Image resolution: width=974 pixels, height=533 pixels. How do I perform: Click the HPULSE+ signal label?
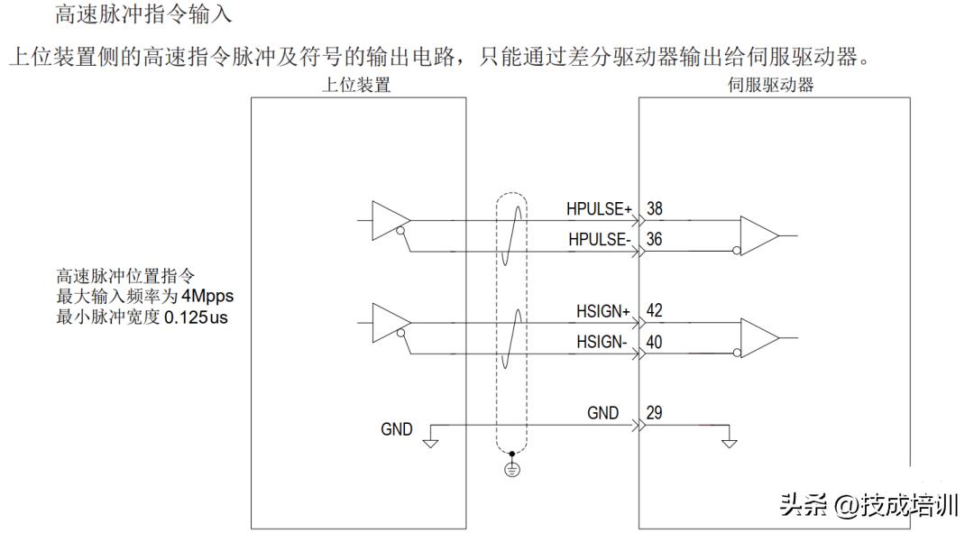click(x=600, y=208)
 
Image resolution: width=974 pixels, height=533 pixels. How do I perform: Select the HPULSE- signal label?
click(x=599, y=240)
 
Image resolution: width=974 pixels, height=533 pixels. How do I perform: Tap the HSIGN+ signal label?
click(x=602, y=311)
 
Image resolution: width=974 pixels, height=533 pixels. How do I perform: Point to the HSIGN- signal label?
click(x=602, y=343)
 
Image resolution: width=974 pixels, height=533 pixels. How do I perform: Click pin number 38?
click(x=655, y=208)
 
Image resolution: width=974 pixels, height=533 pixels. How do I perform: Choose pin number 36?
click(x=655, y=240)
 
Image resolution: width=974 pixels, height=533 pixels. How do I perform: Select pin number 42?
click(x=655, y=311)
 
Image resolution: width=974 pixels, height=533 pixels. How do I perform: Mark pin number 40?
click(x=655, y=343)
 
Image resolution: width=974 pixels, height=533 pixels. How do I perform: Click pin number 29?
click(x=655, y=413)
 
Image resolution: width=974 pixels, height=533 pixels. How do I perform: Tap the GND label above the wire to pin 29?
click(x=603, y=413)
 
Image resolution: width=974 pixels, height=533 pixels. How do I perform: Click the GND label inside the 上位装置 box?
click(x=397, y=429)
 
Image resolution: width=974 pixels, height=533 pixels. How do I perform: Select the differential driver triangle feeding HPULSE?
click(x=390, y=220)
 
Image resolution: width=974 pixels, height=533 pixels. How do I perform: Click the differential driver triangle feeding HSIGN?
click(x=390, y=322)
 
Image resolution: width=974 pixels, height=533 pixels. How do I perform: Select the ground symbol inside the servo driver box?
click(x=730, y=441)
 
